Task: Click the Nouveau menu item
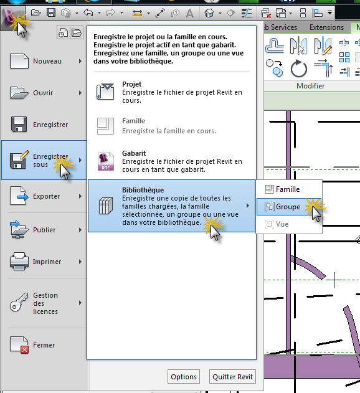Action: coord(45,61)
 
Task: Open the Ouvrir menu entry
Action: coord(45,93)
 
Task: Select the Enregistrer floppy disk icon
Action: coord(19,125)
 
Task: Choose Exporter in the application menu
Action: coord(45,196)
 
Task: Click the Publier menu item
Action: coord(45,230)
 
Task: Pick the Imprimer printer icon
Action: coord(19,261)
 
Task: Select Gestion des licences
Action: coord(45,303)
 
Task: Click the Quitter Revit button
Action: coord(232,376)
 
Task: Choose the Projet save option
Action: coord(171,92)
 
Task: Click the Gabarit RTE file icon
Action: coord(105,161)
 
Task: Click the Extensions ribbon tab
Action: coord(326,27)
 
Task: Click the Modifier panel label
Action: coord(310,86)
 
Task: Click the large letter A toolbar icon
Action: coord(190,13)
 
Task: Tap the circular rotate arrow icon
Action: coord(298,68)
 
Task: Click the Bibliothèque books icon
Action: coord(106,206)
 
